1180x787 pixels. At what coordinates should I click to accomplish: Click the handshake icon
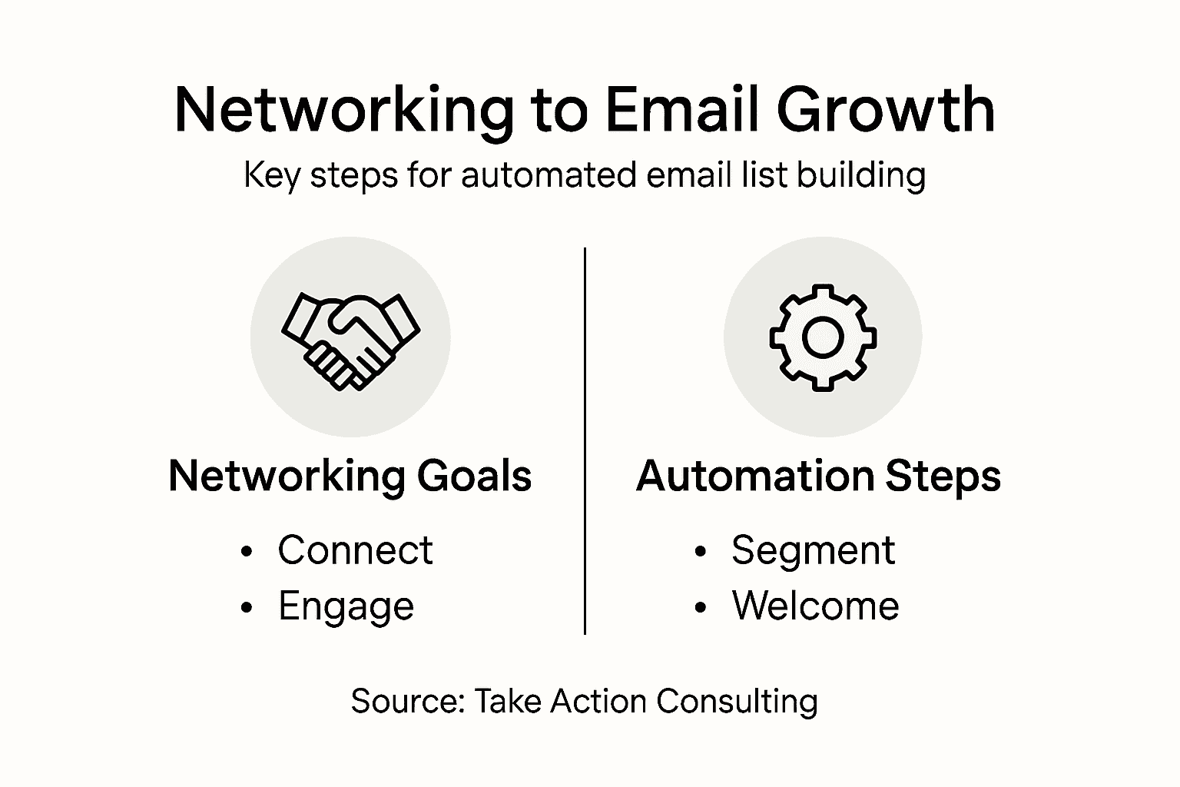tap(350, 339)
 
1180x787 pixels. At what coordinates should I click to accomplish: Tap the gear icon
tap(823, 337)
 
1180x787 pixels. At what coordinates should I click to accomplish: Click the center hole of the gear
tap(823, 337)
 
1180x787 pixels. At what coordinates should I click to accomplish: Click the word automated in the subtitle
tap(549, 175)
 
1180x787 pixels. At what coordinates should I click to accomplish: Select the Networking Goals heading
tap(350, 476)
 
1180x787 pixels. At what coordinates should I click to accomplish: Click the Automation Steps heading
tap(819, 476)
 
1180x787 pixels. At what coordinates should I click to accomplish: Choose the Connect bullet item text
tap(355, 550)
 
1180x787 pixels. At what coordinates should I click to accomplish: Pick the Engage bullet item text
tap(346, 606)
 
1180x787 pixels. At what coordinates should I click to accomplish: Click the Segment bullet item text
tap(813, 550)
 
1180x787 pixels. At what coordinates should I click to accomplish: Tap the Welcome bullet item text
tap(815, 606)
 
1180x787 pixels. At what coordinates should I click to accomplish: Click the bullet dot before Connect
tap(246, 552)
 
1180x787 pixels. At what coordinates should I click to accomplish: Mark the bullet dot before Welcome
tap(700, 608)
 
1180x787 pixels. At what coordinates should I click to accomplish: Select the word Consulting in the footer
tap(737, 702)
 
